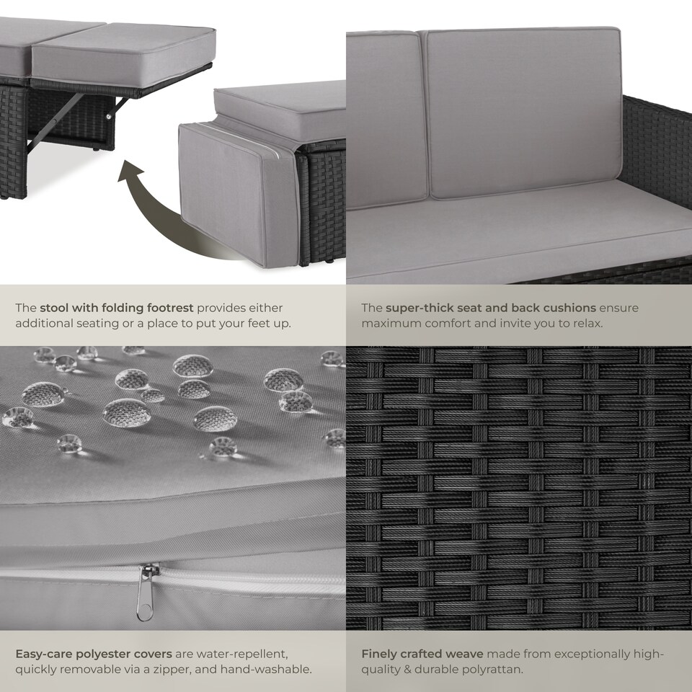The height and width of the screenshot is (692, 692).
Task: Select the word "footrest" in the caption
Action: pyautogui.click(x=170, y=308)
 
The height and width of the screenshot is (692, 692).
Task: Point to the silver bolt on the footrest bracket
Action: pyautogui.click(x=109, y=116)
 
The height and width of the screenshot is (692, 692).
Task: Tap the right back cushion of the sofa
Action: pyautogui.click(x=524, y=113)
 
